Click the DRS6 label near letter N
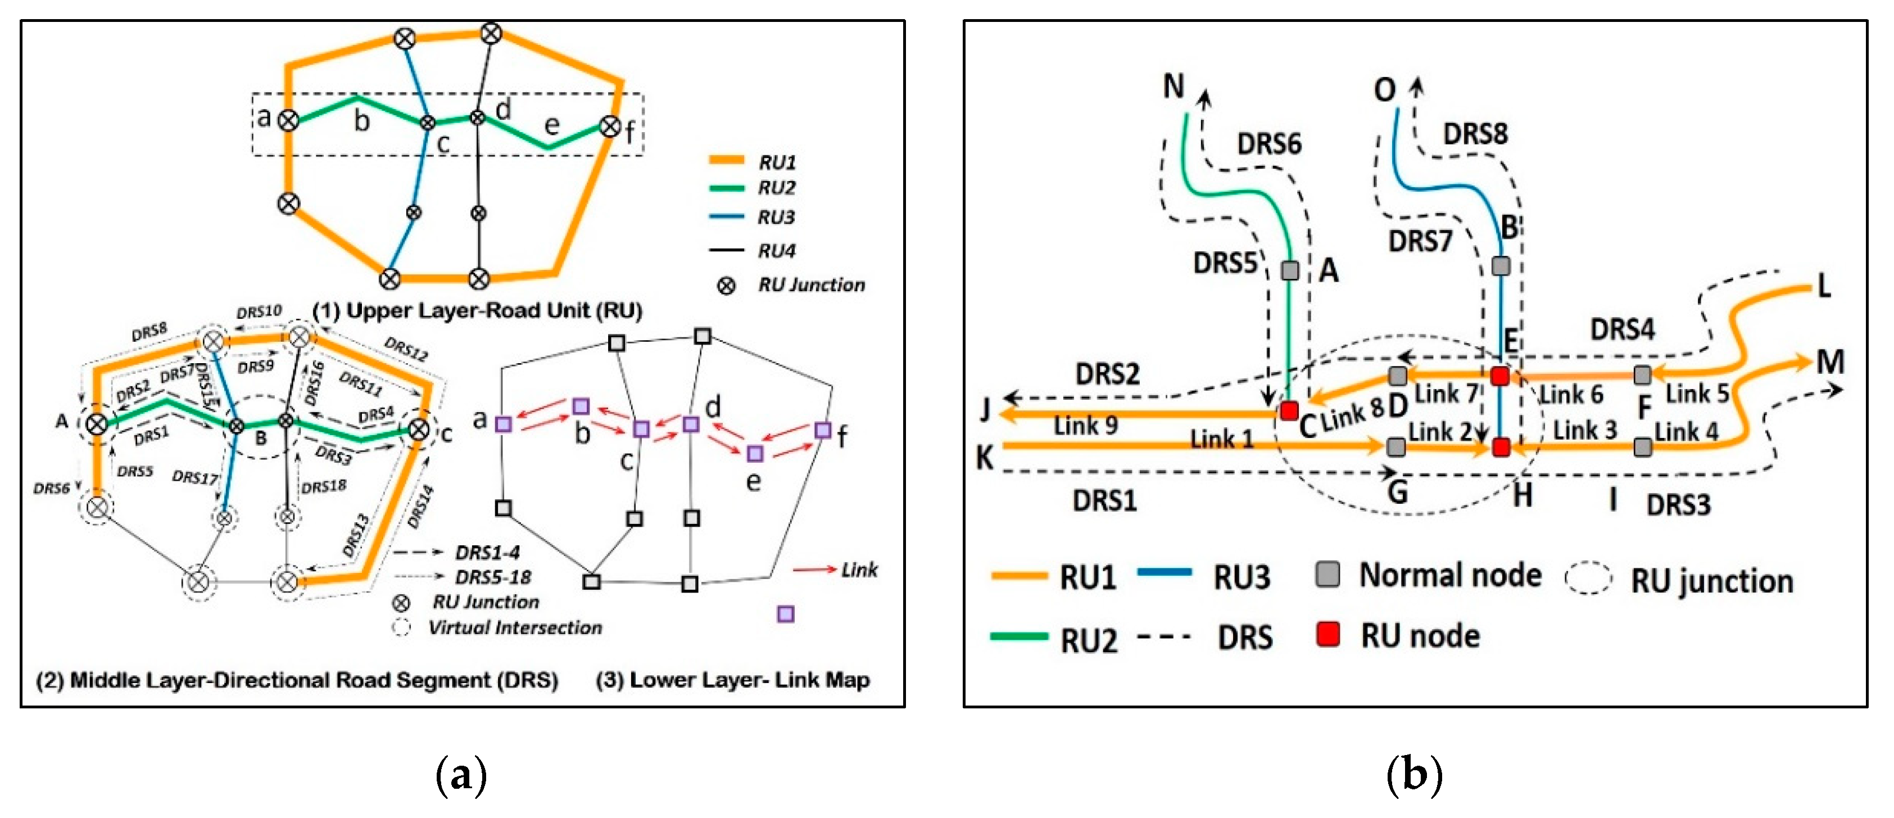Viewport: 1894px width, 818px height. [x=1269, y=143]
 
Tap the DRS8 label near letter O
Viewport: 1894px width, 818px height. [x=1475, y=134]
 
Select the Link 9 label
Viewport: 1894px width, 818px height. [x=1085, y=425]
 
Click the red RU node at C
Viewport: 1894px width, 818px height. [x=1288, y=410]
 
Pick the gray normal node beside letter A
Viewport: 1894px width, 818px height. [x=1290, y=270]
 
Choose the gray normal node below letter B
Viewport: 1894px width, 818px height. [x=1501, y=265]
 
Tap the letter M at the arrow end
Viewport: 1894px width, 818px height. [x=1830, y=362]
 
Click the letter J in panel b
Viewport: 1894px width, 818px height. [x=985, y=409]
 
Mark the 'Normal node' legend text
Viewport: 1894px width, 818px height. [x=1450, y=575]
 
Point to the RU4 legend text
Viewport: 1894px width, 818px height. [x=776, y=251]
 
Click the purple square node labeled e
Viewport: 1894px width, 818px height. [x=754, y=453]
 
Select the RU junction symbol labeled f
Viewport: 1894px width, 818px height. [x=610, y=126]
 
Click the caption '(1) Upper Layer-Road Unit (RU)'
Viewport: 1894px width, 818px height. [x=477, y=310]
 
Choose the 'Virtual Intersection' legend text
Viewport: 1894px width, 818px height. [x=515, y=627]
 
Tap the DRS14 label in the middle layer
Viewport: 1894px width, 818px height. [x=420, y=507]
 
